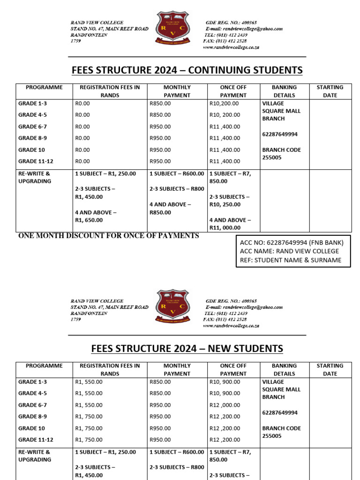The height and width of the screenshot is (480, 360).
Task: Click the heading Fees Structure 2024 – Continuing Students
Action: pos(187,70)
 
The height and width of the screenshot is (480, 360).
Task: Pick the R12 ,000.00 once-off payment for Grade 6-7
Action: pos(225,405)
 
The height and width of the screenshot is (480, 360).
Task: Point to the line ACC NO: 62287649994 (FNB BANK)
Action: pos(292,242)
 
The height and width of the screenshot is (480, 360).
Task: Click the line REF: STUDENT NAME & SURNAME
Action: pos(290,260)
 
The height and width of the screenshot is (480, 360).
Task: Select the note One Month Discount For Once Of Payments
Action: pos(108,236)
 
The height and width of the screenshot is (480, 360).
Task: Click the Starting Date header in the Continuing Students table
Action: pos(330,91)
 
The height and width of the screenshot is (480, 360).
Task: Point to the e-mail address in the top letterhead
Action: pos(243,29)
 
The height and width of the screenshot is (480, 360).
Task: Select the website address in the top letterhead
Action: pos(231,47)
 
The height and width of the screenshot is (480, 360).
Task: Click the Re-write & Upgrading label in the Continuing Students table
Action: pos(35,177)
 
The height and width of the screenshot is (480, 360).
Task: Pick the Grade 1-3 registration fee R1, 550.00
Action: pos(89,382)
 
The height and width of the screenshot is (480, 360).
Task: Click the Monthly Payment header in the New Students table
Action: pos(177,369)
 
